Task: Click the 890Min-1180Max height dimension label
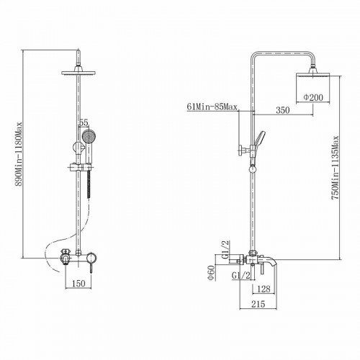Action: point(18,154)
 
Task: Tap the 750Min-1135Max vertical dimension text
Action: point(335,168)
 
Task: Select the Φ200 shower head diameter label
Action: point(313,97)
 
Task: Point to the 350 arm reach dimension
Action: point(283,110)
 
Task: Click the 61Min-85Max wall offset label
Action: point(212,107)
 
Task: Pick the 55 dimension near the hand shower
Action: point(84,122)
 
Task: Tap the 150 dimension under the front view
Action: point(78,284)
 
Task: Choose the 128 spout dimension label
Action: point(264,289)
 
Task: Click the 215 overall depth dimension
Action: point(258,304)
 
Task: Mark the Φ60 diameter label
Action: point(211,273)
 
